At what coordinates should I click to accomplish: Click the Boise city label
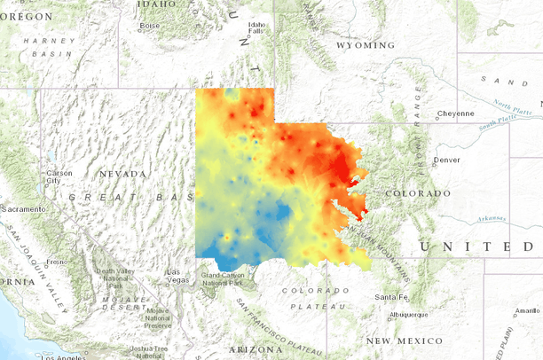[x=148, y=25]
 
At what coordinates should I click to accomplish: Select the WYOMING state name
[x=365, y=44]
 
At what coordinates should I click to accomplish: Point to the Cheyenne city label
[x=455, y=114]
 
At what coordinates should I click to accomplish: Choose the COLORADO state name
[x=418, y=192]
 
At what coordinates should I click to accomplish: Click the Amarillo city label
[x=525, y=310]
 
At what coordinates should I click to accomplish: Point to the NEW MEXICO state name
[x=405, y=340]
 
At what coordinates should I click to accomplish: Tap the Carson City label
[x=59, y=176]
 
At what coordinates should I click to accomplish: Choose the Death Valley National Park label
[x=115, y=278]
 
